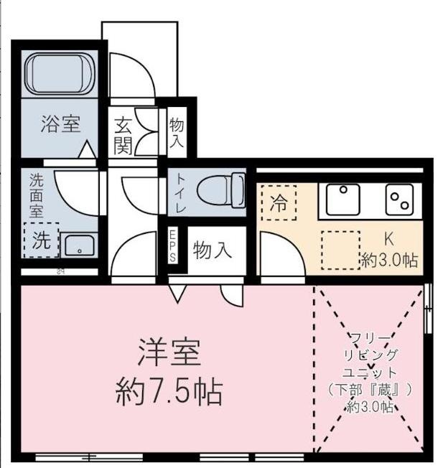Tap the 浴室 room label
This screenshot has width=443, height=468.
click(60, 123)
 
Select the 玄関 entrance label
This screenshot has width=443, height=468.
click(123, 136)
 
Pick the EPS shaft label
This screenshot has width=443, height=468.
click(173, 244)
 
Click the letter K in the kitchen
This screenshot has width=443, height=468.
click(388, 240)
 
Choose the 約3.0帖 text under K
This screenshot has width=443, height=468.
click(389, 259)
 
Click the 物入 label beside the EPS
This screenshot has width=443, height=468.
click(213, 251)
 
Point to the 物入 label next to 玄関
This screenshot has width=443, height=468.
click(177, 134)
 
